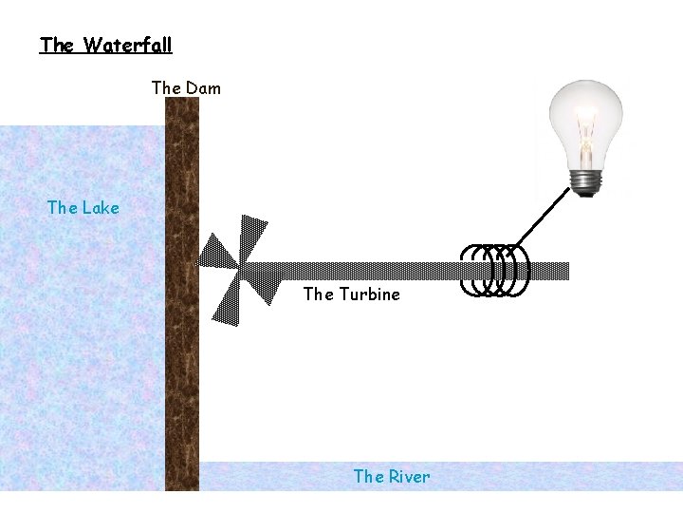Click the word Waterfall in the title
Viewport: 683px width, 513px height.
(127, 45)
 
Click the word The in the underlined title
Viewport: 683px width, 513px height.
(57, 45)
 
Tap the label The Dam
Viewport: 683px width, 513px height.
(186, 88)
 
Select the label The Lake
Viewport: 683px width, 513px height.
(83, 207)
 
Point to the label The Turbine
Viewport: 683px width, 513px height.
(351, 294)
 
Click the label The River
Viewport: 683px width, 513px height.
(391, 477)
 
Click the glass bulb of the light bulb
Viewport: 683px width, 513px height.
(588, 119)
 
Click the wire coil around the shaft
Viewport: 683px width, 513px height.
(494, 271)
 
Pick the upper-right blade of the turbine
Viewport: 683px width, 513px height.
(254, 238)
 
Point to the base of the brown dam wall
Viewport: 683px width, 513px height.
(182, 483)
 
